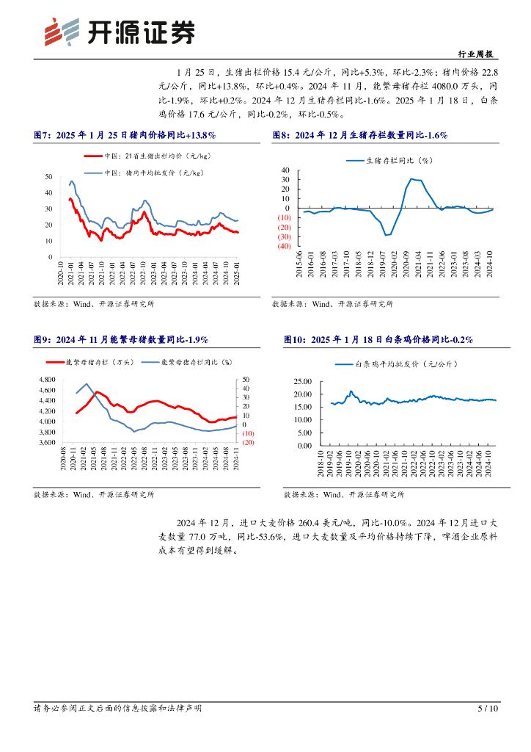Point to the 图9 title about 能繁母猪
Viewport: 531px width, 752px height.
121,340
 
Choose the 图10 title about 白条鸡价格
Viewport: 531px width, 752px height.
378,340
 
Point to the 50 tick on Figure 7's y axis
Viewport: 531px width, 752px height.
48,177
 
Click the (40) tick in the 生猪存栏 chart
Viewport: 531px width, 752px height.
284,247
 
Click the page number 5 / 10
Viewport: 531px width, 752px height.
488,709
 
